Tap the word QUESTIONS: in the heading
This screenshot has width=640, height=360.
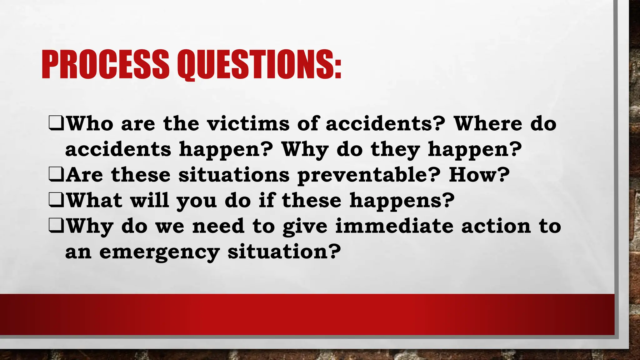click(x=259, y=65)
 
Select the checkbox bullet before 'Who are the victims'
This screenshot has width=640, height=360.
click(x=56, y=124)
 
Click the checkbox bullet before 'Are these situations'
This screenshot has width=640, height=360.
click(x=56, y=175)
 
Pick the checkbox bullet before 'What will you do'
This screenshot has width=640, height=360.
click(x=56, y=201)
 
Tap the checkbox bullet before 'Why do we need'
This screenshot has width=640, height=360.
click(x=56, y=226)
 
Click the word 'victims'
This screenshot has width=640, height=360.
click(x=248, y=123)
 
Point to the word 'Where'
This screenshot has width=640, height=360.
click(x=488, y=123)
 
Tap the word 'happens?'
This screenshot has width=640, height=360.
click(x=402, y=201)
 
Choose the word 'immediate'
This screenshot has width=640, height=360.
click(x=394, y=226)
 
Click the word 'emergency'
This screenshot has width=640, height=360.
click(x=159, y=252)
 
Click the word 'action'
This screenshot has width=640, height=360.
click(x=496, y=226)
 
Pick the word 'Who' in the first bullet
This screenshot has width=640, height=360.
click(x=90, y=123)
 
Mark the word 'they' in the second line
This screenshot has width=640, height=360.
click(x=395, y=150)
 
